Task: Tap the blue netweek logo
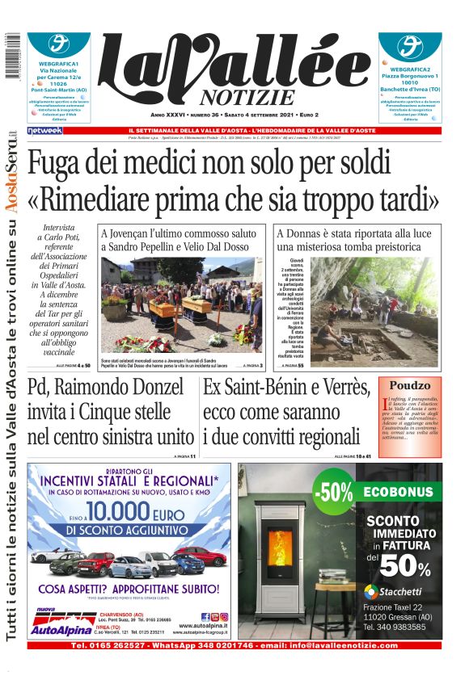pyautogui.click(x=44, y=130)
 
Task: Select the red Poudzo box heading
pyautogui.click(x=410, y=386)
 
